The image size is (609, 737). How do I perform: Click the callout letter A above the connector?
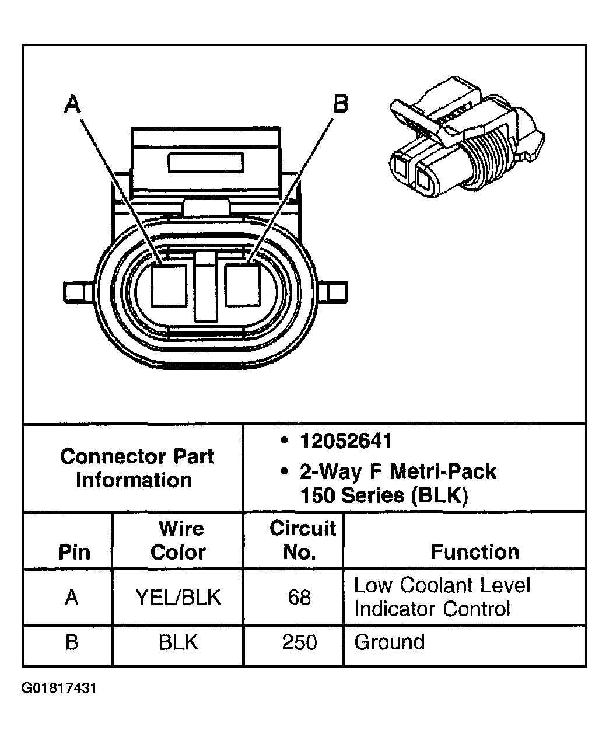pos(72,105)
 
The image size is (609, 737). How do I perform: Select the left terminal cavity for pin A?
pos(169,285)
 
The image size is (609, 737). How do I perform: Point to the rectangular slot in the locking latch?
pos(205,162)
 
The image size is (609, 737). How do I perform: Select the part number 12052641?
pos(346,441)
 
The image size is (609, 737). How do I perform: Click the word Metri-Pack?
pos(443,471)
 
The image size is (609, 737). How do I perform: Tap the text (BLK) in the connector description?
pos(439,495)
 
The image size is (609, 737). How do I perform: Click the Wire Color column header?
pos(178,540)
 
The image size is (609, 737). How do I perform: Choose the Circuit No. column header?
pos(302,540)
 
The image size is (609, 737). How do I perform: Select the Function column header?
pos(474,551)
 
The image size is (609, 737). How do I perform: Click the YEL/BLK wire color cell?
pos(178,597)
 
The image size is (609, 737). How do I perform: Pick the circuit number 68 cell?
pos(299,598)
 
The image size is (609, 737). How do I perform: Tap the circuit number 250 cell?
pos(299,642)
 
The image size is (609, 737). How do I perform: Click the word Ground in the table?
pos(389,642)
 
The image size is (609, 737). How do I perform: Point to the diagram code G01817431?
pos(59,689)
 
